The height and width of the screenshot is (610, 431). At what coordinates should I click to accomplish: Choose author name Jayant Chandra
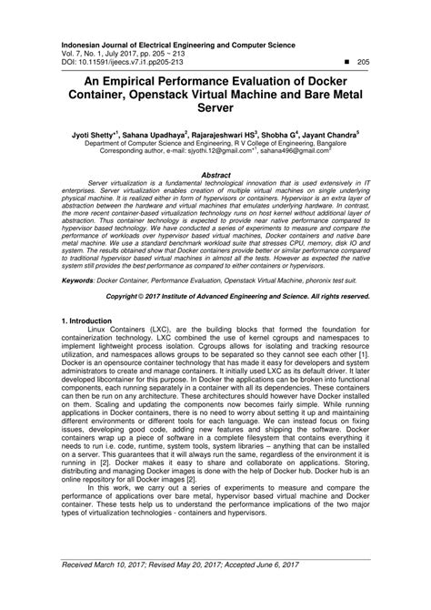330,133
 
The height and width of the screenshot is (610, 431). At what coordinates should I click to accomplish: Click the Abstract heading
215,172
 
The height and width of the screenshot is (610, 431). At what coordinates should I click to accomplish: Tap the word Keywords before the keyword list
81,281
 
